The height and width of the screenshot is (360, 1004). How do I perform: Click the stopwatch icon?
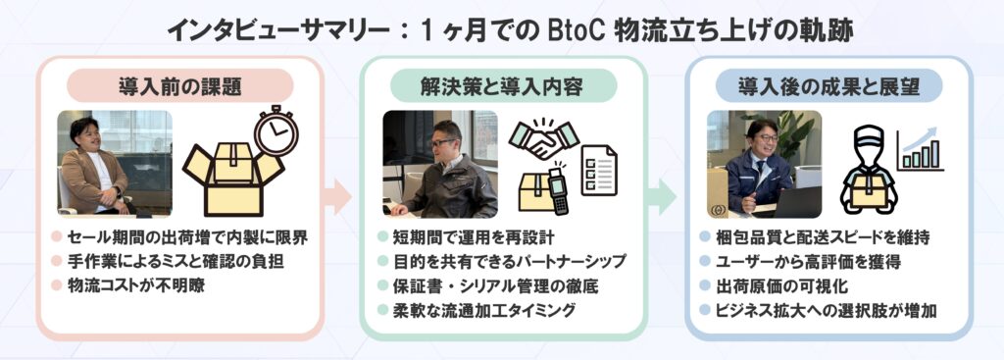click(x=276, y=130)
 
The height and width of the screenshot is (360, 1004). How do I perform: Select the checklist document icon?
click(x=599, y=171)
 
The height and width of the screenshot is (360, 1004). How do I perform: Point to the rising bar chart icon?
click(x=920, y=149)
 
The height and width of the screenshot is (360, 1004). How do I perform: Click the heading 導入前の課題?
click(x=180, y=86)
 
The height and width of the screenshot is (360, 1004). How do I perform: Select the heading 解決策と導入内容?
click(x=502, y=86)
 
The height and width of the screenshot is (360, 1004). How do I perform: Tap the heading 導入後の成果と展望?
click(x=829, y=86)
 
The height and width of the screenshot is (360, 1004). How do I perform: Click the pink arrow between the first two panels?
click(x=337, y=196)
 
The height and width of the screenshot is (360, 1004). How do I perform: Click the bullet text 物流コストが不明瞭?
click(x=136, y=285)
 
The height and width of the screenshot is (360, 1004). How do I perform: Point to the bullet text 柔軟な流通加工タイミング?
click(x=484, y=310)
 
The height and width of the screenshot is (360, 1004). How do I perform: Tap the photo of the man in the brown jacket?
click(x=115, y=162)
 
